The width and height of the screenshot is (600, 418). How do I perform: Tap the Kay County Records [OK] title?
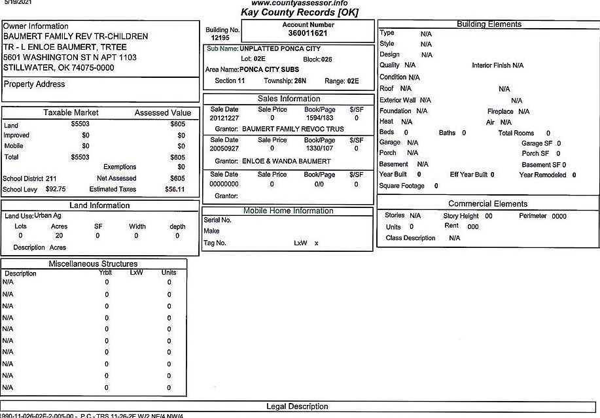[299, 12]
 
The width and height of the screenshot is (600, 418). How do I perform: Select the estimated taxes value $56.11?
[175, 189]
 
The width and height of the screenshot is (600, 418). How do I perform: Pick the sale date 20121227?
[224, 118]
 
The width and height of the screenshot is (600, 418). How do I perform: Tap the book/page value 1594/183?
[319, 118]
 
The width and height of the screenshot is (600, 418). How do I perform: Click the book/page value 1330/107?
[319, 148]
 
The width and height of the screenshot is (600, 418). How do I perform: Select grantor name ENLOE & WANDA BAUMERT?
[287, 161]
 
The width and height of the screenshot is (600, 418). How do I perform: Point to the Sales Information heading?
[289, 99]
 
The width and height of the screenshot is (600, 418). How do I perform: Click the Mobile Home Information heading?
[288, 211]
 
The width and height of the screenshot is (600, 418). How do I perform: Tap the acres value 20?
[59, 235]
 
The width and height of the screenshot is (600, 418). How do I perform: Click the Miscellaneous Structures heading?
[93, 264]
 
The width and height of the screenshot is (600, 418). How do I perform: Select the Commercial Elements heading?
[487, 203]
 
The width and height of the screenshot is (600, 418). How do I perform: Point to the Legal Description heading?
[297, 406]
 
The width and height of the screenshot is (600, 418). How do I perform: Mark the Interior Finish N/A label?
[497, 65]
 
